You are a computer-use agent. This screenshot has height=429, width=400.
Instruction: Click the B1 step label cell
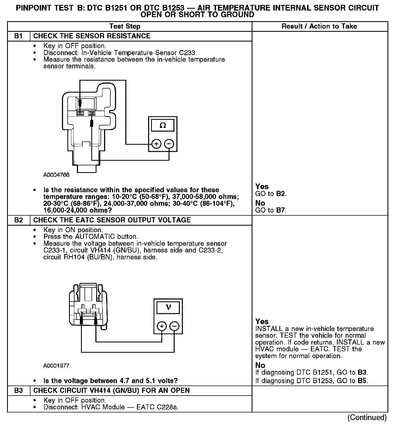(x=18, y=36)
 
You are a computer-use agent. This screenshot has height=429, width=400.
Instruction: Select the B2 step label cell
(x=18, y=220)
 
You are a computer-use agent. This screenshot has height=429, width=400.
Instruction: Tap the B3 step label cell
(x=18, y=390)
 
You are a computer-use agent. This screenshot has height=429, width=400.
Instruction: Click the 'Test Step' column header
(x=125, y=26)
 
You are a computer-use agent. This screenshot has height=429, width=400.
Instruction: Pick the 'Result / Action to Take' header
(x=319, y=26)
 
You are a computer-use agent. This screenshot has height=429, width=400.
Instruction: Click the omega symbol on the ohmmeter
(x=163, y=125)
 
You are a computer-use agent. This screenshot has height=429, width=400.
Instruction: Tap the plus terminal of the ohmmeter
(x=156, y=144)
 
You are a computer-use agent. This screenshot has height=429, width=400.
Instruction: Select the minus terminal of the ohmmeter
(x=169, y=144)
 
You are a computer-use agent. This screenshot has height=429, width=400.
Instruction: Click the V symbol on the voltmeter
(x=168, y=307)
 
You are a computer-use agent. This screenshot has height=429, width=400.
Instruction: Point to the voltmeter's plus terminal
(x=162, y=326)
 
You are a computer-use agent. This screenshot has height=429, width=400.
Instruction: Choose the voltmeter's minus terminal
(x=174, y=326)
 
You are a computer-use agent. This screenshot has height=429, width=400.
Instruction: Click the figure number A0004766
(x=56, y=175)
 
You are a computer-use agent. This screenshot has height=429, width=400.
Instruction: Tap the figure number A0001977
(x=56, y=365)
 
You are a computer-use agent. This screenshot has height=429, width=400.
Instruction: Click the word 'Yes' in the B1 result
(x=262, y=187)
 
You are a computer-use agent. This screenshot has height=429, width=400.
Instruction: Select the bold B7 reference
(x=281, y=210)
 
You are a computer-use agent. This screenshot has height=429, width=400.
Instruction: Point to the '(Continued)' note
(x=367, y=417)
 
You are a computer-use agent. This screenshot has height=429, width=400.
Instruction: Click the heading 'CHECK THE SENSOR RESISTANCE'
(x=92, y=36)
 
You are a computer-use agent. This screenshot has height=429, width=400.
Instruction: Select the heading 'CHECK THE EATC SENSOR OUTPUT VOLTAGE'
(x=112, y=220)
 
